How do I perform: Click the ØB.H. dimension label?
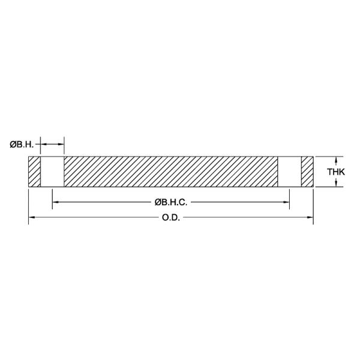[x=22, y=145]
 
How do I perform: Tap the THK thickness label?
[x=336, y=172]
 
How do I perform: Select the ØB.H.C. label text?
[x=171, y=202]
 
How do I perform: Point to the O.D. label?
[x=171, y=217]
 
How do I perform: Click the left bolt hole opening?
[x=52, y=172]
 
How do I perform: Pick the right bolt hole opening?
[x=289, y=172]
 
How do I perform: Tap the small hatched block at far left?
[x=34, y=172]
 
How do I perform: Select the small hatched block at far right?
[x=307, y=172]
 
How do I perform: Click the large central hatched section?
[x=171, y=172]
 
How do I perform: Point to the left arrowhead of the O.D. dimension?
[x=31, y=217]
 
